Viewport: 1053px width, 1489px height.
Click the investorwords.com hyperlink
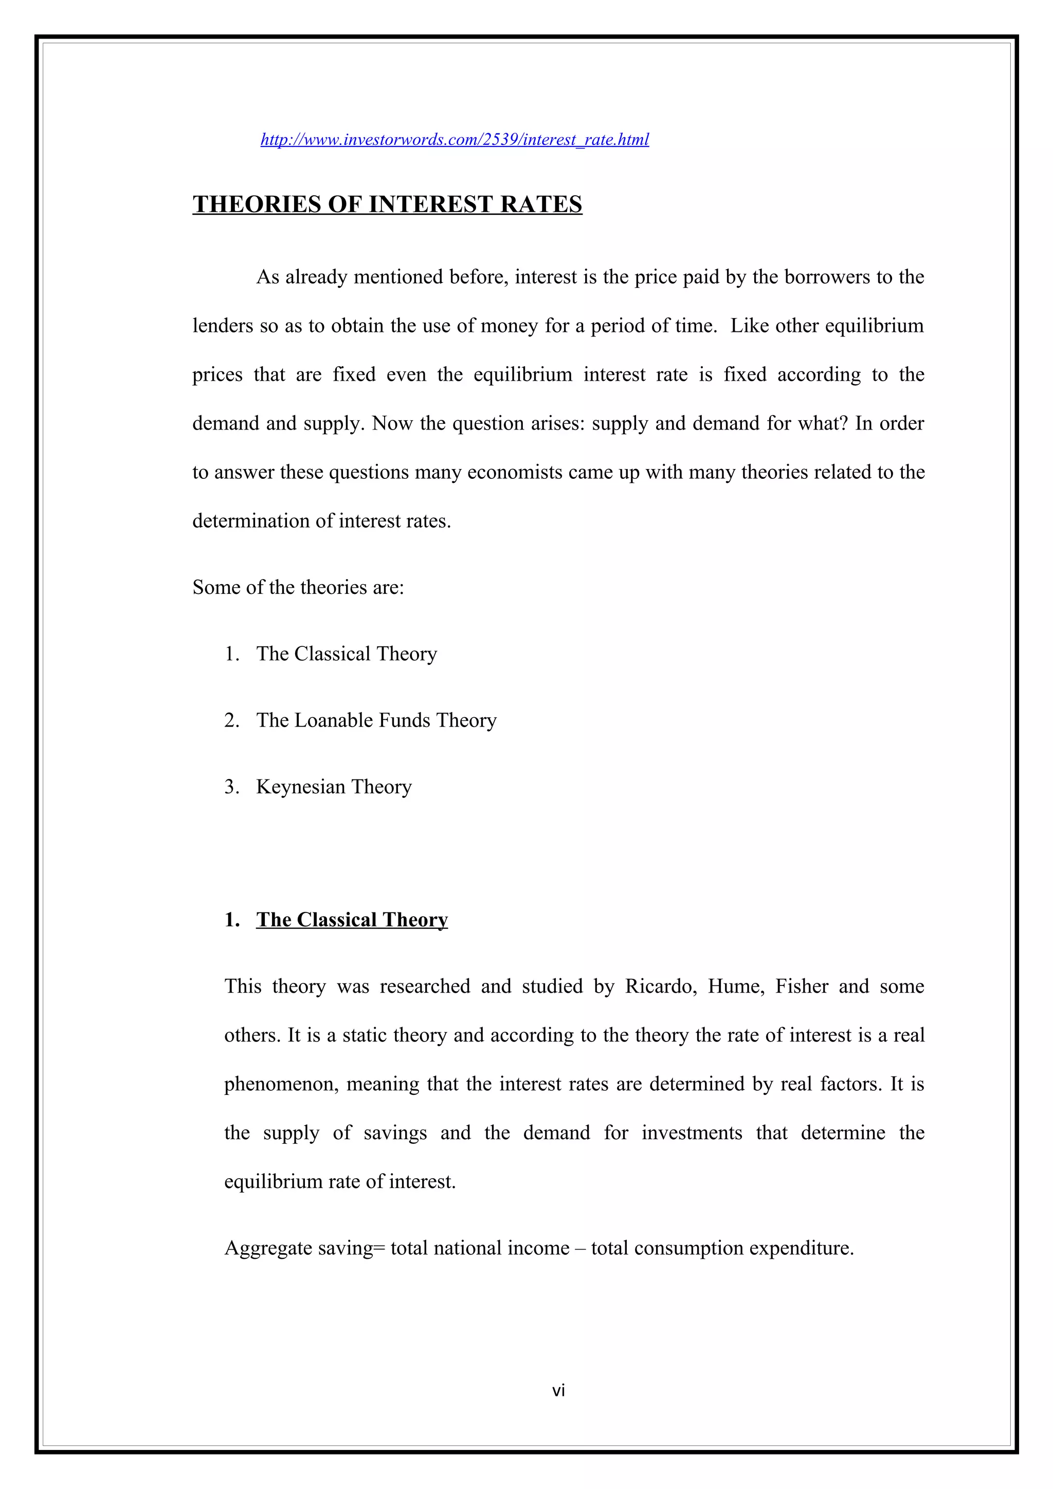click(x=454, y=139)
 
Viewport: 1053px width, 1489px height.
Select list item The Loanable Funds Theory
click(x=376, y=720)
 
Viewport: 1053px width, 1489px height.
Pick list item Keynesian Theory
click(x=334, y=787)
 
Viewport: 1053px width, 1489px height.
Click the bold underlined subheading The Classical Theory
click(x=352, y=920)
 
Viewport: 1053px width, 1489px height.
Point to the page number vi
click(x=558, y=1390)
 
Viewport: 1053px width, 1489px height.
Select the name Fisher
click(x=801, y=987)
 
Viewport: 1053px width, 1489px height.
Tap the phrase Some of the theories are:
click(x=298, y=588)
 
